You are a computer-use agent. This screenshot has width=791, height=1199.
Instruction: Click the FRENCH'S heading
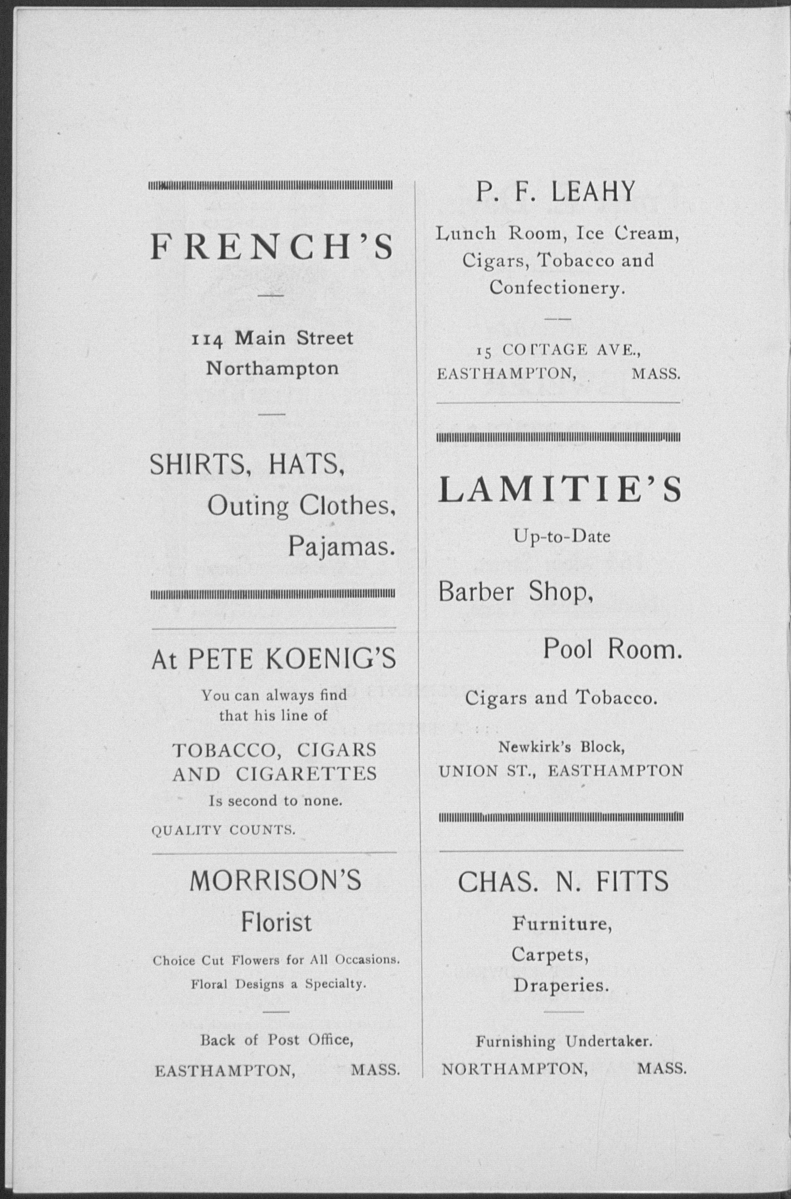click(271, 247)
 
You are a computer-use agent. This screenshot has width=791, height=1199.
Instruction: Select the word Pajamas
click(341, 546)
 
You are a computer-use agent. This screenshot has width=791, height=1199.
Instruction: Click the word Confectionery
click(557, 288)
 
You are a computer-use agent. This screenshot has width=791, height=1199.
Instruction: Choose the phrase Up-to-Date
click(562, 536)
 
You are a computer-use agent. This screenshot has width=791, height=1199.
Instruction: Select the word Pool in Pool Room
click(567, 648)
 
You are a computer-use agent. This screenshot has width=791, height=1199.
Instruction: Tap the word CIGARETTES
click(306, 774)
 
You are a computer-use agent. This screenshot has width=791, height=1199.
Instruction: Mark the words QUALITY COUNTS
click(223, 830)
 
